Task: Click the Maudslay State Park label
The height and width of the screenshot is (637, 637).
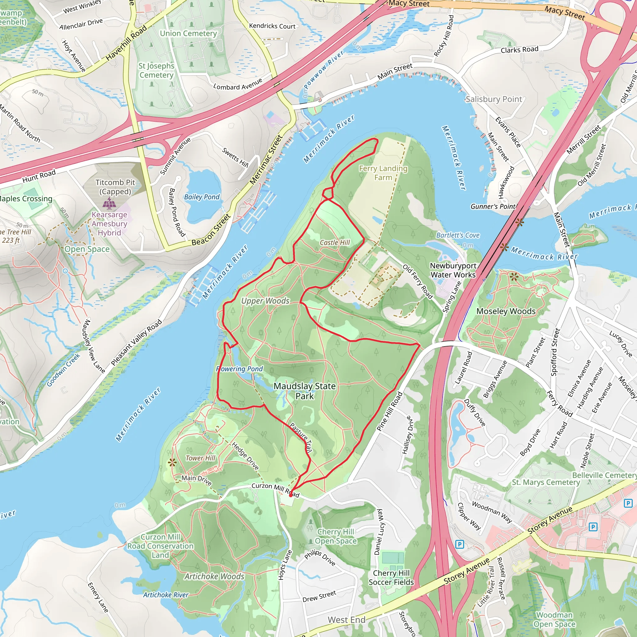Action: [x=304, y=391]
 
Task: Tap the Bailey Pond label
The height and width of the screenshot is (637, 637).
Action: [x=202, y=197]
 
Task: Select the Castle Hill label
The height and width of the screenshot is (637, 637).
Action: [x=335, y=243]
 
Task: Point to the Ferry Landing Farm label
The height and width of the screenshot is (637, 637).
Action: [x=383, y=173]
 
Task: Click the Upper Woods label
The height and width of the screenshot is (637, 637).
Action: [x=265, y=301]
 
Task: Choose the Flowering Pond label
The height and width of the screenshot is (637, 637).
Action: [x=240, y=369]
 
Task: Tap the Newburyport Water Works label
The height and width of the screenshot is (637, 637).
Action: [x=453, y=270]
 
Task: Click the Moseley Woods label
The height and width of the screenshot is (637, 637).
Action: [x=506, y=311]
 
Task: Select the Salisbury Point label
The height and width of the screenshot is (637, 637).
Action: [x=494, y=99]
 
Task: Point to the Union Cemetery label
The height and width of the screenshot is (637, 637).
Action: [x=188, y=34]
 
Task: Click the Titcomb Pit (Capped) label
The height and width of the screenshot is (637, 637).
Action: [x=115, y=187]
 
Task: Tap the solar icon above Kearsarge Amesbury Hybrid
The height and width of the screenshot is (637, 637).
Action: [x=109, y=203]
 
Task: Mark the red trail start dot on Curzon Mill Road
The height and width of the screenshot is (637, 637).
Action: [x=291, y=495]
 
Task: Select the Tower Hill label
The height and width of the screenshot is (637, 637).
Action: [x=200, y=458]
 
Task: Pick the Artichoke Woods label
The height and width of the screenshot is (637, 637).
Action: [x=214, y=576]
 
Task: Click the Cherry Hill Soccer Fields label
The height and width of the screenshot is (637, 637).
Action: [x=391, y=578]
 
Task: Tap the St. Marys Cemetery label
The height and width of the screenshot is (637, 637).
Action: [x=546, y=482]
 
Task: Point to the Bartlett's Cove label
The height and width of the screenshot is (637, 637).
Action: [x=458, y=235]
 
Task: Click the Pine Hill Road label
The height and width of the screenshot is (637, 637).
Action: [x=390, y=411]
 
